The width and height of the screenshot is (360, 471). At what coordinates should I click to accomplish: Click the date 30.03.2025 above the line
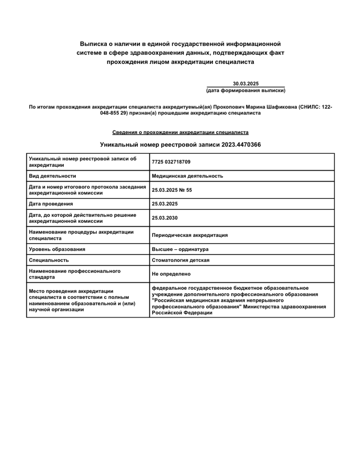point(246,83)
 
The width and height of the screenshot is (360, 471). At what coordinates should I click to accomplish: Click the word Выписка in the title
point(92,44)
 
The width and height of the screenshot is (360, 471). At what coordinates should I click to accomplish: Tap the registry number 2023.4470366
point(241,145)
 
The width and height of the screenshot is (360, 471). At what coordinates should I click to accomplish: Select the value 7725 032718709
point(171,162)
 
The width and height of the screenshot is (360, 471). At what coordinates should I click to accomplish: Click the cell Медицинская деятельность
point(187,176)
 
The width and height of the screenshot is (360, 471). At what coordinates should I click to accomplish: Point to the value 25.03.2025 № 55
point(172,190)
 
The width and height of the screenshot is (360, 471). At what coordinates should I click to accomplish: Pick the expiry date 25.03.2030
point(165,218)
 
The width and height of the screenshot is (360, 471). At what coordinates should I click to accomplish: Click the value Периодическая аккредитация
point(190,235)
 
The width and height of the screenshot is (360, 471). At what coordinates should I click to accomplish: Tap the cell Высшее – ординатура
point(180,249)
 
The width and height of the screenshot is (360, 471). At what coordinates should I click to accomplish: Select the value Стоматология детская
point(181,260)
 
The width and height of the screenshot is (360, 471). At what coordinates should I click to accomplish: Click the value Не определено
point(171,274)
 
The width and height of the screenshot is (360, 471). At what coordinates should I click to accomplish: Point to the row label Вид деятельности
point(53,176)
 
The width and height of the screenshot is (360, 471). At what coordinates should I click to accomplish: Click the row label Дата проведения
point(51,204)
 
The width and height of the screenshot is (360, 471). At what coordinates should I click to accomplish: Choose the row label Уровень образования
point(57,249)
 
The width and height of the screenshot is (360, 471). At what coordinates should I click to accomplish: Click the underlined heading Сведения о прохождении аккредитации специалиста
point(180,132)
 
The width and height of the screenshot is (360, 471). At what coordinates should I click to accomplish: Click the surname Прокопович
point(229,107)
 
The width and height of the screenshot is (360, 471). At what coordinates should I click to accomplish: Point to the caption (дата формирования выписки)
point(246,91)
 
